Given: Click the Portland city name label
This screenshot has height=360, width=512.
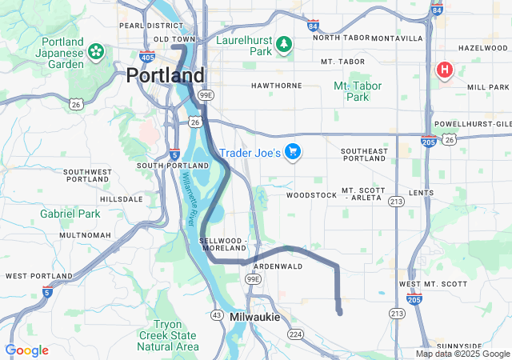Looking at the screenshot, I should point(165,76).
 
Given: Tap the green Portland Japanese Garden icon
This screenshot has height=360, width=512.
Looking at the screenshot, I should point(96,52).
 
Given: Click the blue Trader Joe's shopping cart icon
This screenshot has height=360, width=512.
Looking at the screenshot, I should point(293,152).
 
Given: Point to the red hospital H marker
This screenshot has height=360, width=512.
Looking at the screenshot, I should point(444,70).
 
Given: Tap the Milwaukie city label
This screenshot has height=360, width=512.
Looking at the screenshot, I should point(254,318).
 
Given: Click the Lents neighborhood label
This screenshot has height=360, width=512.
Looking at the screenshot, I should point(420,194).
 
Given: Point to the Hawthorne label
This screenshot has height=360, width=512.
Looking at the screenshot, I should point(276,86).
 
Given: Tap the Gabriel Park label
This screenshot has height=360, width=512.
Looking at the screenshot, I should point(70,214).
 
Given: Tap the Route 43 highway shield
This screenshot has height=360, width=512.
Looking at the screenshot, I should point(216,315).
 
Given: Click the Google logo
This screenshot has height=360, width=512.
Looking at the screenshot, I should point(26,350).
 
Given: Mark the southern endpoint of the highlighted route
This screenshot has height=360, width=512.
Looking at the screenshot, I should point(340,312).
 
